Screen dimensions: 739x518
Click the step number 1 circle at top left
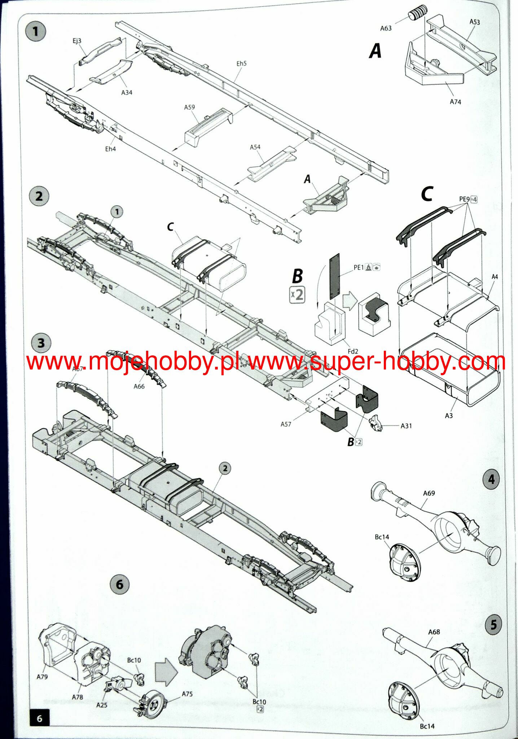[x=35, y=31]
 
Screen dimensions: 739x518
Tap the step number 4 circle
[x=491, y=480]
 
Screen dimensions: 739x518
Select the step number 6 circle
[x=119, y=585]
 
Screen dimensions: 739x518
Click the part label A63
[x=386, y=28]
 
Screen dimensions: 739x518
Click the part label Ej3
[x=77, y=41]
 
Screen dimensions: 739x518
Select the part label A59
[x=189, y=107]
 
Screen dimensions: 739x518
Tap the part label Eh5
[x=241, y=64]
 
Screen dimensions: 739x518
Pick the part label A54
[x=255, y=147]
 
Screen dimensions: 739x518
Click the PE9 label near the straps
[x=464, y=199]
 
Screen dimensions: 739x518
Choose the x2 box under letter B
[x=297, y=295]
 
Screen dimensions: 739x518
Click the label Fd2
[x=353, y=351]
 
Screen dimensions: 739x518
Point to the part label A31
[x=406, y=426]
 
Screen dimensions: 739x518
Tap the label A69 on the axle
[x=429, y=493]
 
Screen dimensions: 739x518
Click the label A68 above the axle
[x=434, y=632]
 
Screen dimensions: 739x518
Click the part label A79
[x=42, y=677]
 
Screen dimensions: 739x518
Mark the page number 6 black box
[x=40, y=718]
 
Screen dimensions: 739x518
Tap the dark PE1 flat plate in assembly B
[x=334, y=276]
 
